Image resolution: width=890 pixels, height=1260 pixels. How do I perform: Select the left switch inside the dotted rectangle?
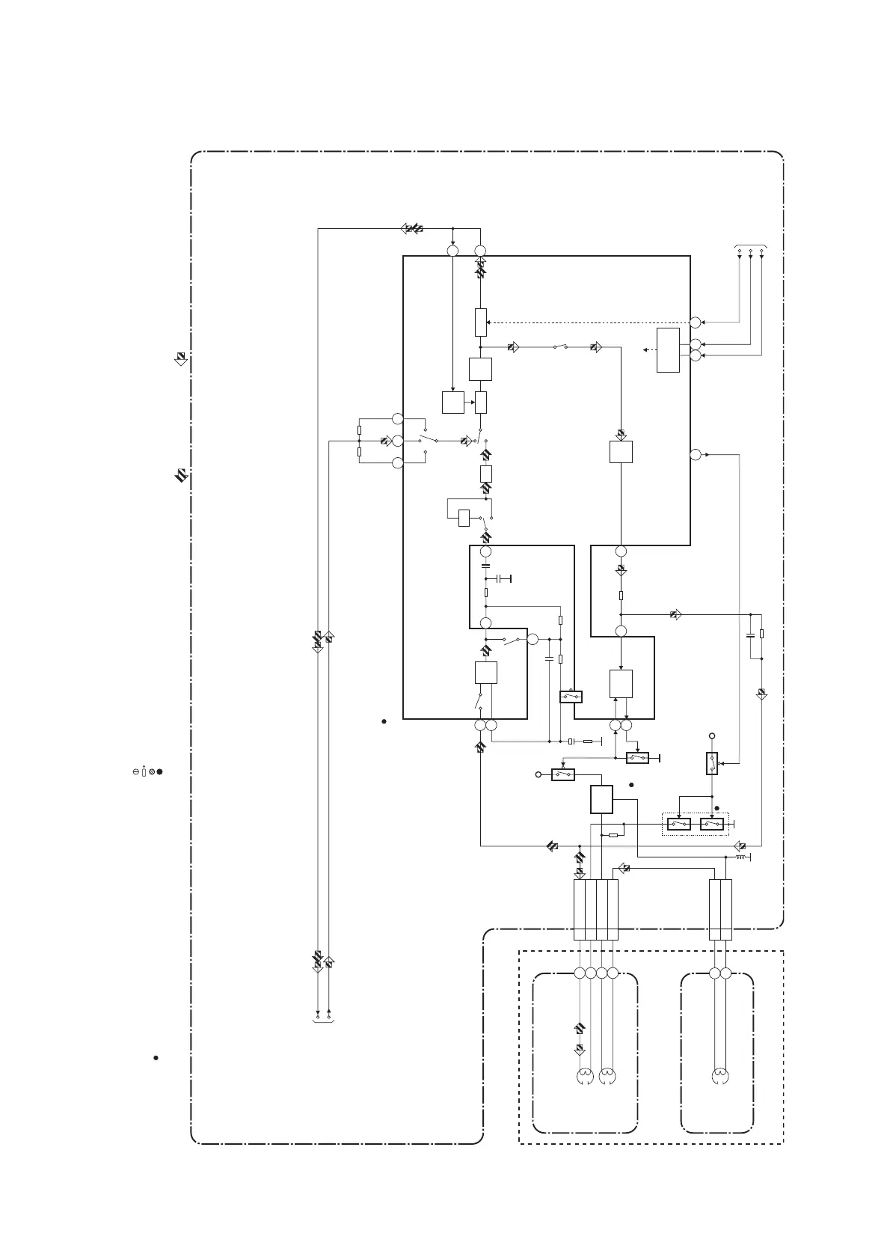point(679,824)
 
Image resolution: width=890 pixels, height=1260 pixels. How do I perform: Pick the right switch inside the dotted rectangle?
point(712,824)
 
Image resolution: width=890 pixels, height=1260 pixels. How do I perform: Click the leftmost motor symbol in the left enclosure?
point(585,1077)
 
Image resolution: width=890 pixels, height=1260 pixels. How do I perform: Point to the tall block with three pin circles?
point(668,349)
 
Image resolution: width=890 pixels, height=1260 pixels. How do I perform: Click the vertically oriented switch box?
point(712,763)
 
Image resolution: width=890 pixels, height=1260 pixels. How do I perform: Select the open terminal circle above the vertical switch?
point(712,736)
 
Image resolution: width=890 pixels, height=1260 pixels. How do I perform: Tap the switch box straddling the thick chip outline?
point(571,697)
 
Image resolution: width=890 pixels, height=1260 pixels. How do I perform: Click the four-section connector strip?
point(596,909)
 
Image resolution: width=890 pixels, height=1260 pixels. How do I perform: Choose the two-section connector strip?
point(720,909)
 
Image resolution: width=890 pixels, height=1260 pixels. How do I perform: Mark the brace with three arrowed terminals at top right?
point(750,247)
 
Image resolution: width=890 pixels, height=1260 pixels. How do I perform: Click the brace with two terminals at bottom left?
point(324,1020)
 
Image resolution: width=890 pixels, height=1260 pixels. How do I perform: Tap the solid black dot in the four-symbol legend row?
point(160,771)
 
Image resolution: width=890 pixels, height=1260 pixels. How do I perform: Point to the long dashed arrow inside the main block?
point(591,322)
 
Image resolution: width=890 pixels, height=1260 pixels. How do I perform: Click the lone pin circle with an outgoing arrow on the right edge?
point(696,454)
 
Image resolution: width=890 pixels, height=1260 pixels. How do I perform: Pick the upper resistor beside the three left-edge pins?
point(360,430)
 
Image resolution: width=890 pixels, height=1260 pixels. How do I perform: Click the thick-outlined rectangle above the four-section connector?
point(602,799)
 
